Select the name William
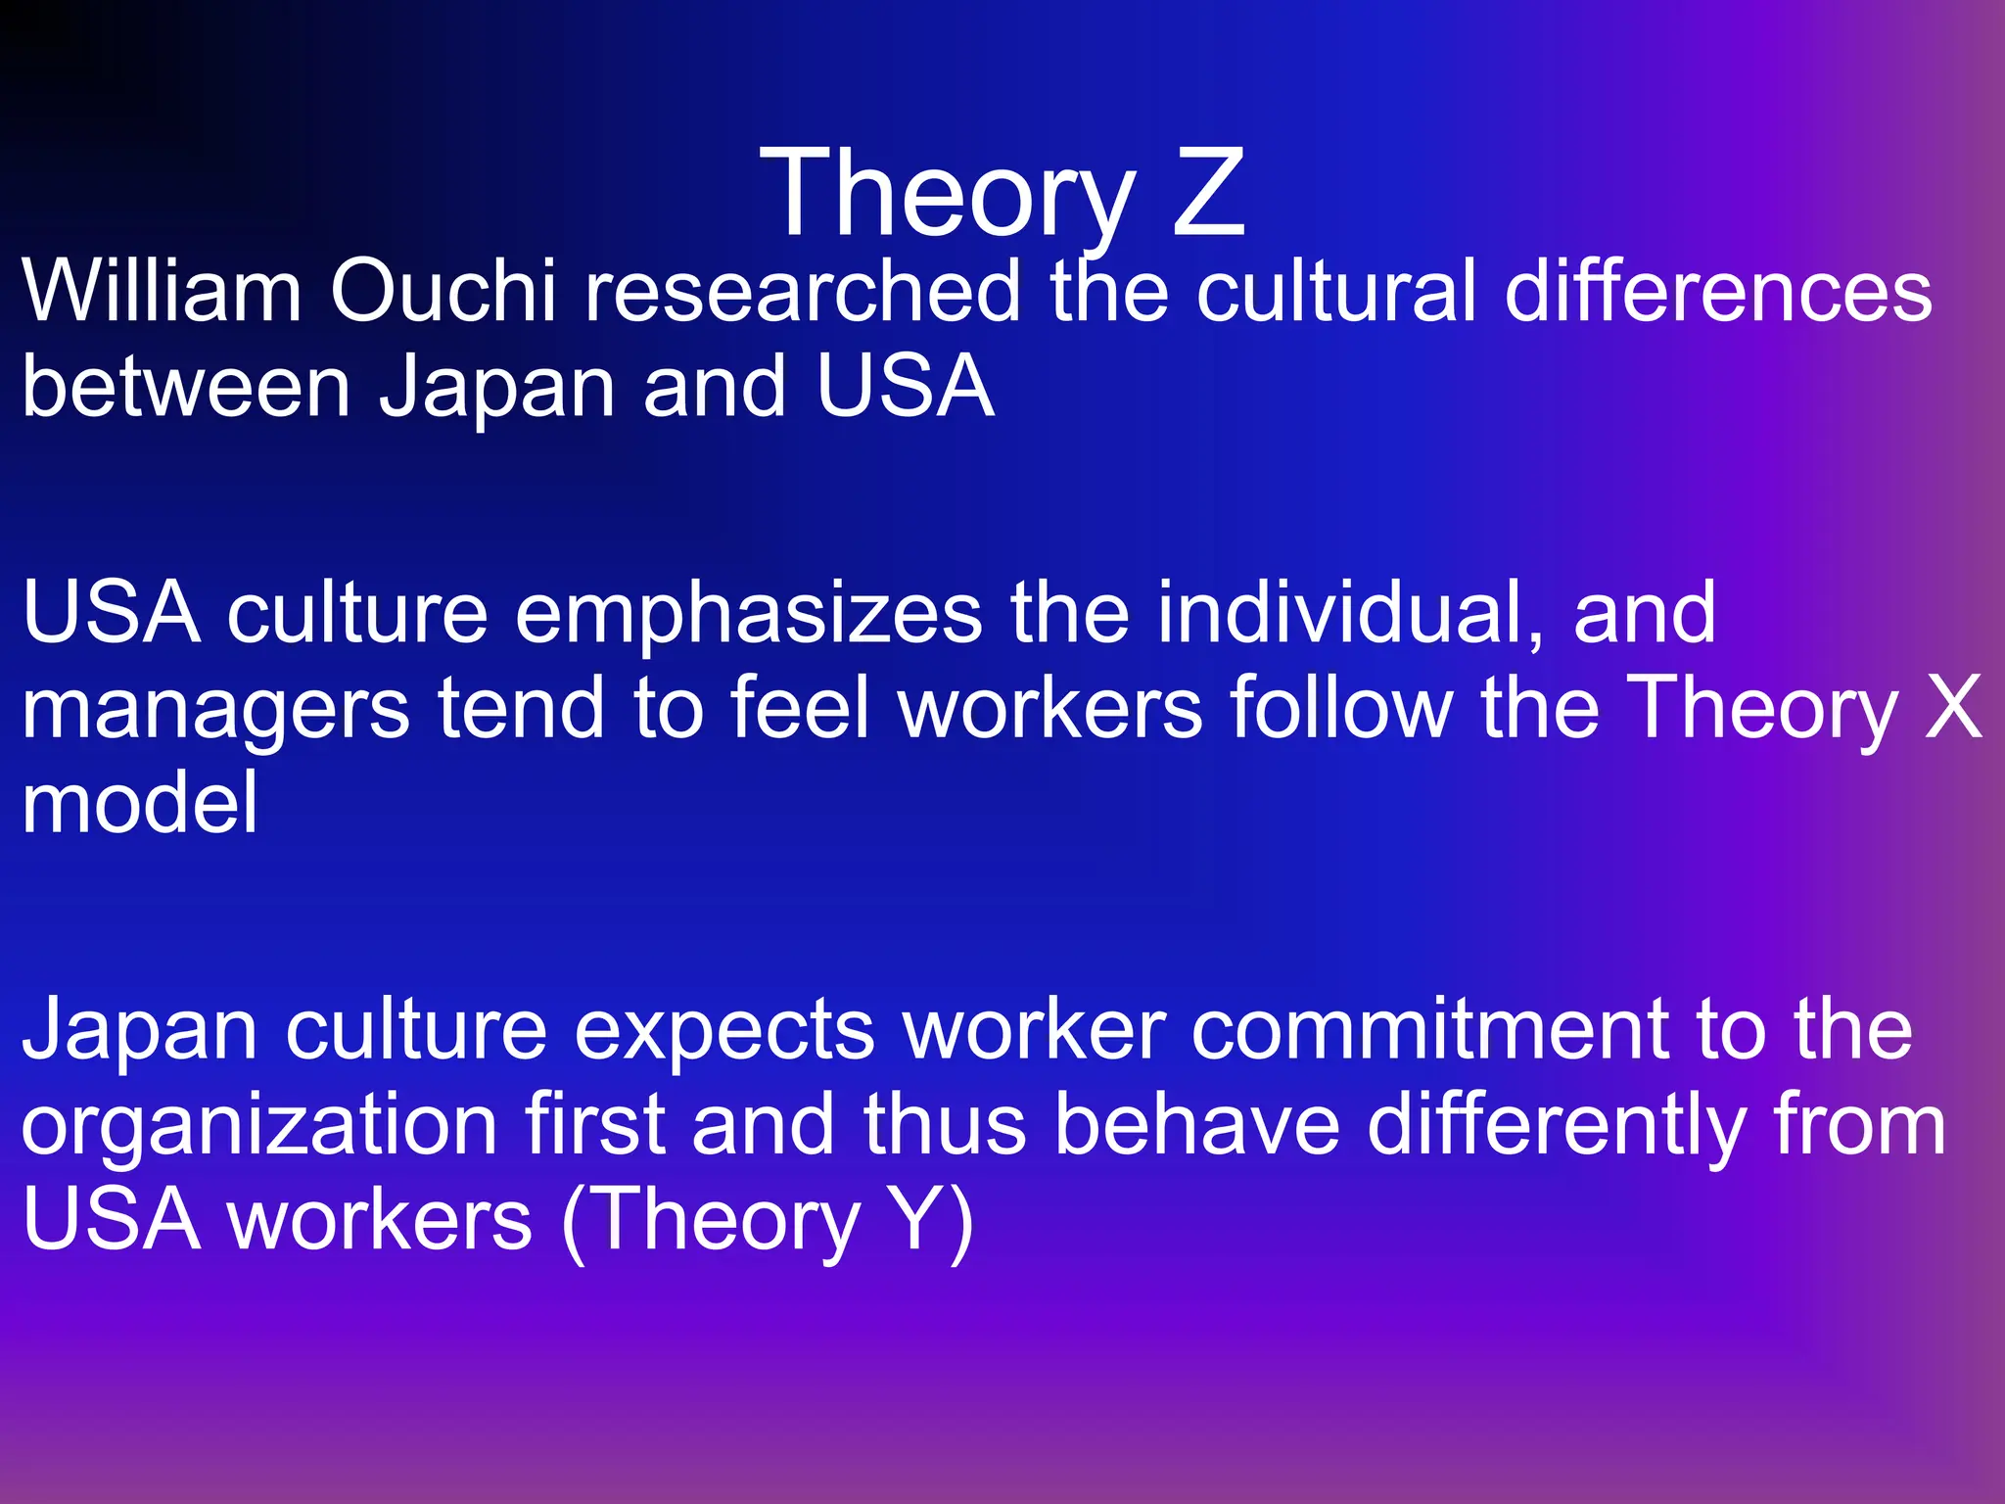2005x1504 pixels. pyautogui.click(x=162, y=291)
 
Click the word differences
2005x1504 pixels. pyautogui.click(x=1718, y=291)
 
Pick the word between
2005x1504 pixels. pyautogui.click(x=186, y=386)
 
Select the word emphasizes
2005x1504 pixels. pyautogui.click(x=748, y=613)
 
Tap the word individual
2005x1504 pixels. pyautogui.click(x=1351, y=613)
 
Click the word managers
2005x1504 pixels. pyautogui.click(x=215, y=707)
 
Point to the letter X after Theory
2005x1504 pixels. pyautogui.click(x=1953, y=707)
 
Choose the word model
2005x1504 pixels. pyautogui.click(x=140, y=802)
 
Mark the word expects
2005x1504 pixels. pyautogui.click(x=723, y=1030)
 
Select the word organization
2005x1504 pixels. pyautogui.click(x=259, y=1126)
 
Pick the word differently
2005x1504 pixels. pyautogui.click(x=1557, y=1126)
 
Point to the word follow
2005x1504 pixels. pyautogui.click(x=1341, y=707)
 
